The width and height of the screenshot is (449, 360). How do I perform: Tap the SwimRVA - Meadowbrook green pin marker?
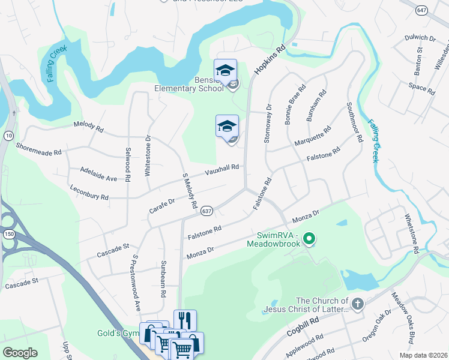click(x=309, y=239)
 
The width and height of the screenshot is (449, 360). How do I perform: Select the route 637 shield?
click(x=206, y=211)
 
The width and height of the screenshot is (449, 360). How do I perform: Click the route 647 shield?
click(x=423, y=10)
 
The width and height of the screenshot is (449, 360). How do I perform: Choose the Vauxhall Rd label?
click(x=222, y=170)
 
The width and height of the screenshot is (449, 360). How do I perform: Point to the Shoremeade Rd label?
click(x=39, y=149)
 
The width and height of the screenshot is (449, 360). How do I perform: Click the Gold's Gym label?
click(x=118, y=333)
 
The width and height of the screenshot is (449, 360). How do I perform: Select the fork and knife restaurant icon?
click(x=185, y=320)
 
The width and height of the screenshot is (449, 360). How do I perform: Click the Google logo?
click(x=20, y=352)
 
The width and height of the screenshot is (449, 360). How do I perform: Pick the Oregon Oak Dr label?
click(x=376, y=328)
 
